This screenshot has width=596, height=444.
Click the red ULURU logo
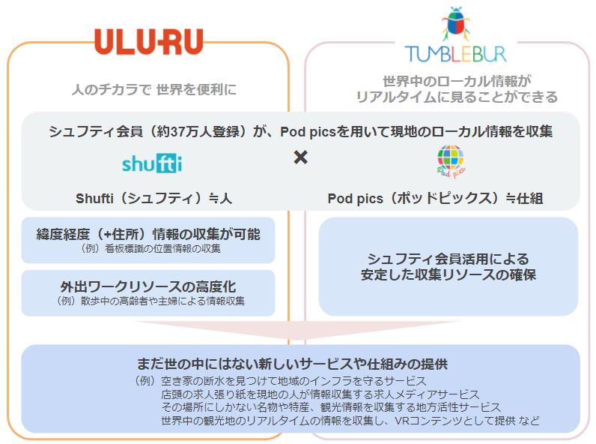pos(148,41)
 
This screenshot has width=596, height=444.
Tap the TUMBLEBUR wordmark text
pos(455,54)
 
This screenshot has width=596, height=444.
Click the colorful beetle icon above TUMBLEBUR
pos(456,23)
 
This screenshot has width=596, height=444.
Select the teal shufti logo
pos(152,163)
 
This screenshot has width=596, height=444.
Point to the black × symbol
pos(301,157)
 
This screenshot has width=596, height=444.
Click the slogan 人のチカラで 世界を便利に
pos(154,89)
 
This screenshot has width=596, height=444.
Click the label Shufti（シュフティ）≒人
pos(153,199)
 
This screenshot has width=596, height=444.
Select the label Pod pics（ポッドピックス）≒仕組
pos(435,199)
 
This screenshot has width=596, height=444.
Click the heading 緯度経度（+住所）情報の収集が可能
pos(148,234)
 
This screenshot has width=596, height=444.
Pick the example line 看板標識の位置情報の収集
pos(162,249)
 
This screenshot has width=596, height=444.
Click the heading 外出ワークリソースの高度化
pos(148,286)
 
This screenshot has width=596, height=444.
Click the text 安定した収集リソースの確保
pos(448,274)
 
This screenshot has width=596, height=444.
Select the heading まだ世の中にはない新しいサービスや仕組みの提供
pos(292,364)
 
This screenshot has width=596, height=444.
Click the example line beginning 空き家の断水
pos(294,381)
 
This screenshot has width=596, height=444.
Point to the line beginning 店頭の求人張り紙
pos(320,394)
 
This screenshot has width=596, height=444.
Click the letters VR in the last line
pos(403,421)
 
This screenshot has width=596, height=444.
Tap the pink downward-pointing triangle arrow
pos(297,330)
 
